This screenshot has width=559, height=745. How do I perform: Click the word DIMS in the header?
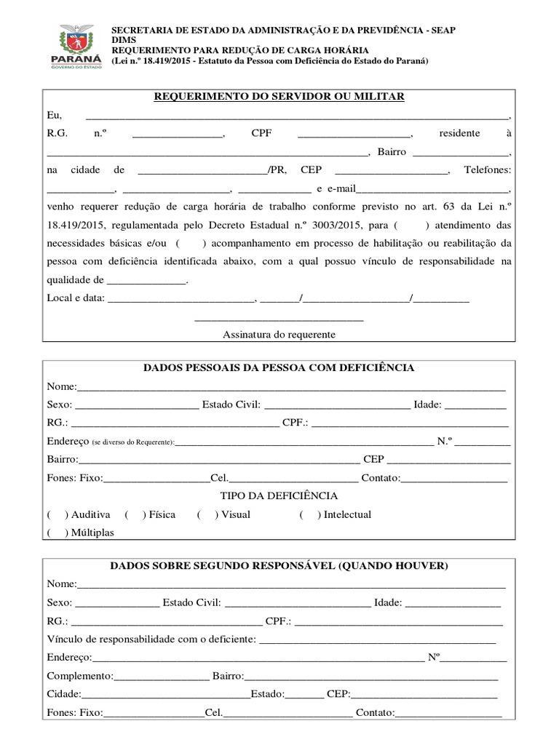[x=122, y=40]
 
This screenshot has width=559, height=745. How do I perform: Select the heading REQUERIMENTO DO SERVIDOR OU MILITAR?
[x=279, y=97]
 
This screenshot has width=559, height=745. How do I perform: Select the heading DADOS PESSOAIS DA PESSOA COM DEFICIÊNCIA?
[x=279, y=367]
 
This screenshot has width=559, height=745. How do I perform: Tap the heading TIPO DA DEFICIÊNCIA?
[x=279, y=495]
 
